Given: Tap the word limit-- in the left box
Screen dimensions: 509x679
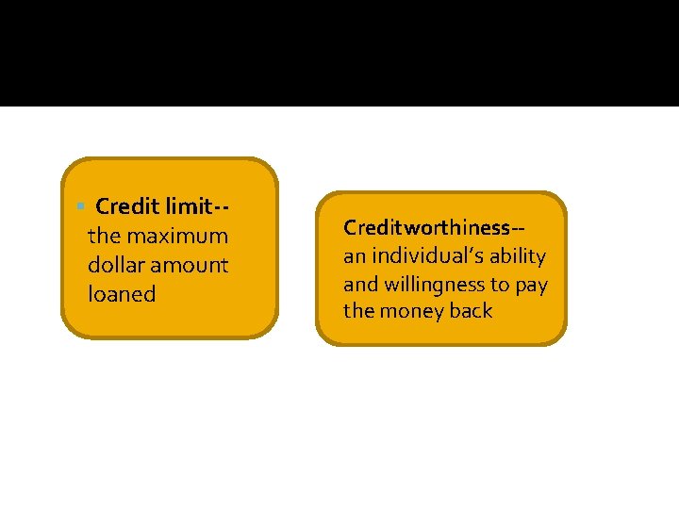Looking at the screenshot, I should [x=198, y=205].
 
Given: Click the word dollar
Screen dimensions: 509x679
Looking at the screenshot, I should [x=114, y=265].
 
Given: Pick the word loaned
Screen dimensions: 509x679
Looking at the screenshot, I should [x=122, y=294].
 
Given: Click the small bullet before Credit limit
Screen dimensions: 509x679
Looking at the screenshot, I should [x=82, y=205].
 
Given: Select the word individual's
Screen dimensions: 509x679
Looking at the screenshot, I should [x=425, y=256].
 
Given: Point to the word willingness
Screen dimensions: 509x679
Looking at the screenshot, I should [x=435, y=284].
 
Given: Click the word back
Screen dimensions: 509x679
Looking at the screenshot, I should [x=471, y=311].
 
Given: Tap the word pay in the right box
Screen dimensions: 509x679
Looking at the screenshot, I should [x=531, y=284].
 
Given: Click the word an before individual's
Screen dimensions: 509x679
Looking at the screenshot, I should [x=354, y=256].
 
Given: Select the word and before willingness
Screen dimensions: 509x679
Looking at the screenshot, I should [x=360, y=284].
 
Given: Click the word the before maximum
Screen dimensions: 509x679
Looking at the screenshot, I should [x=104, y=236].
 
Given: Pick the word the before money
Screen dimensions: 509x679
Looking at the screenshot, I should [x=358, y=311].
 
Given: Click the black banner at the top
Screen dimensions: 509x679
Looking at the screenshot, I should [x=339, y=53].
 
